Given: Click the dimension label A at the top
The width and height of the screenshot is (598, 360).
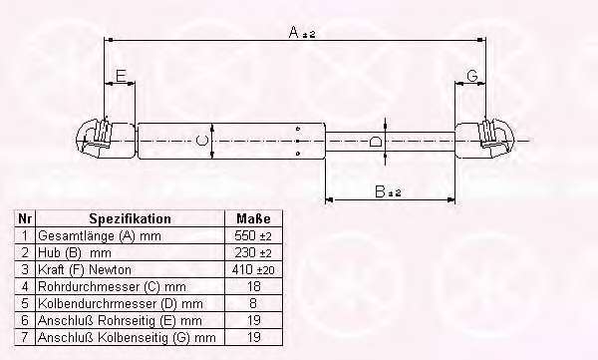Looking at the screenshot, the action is click(294, 32).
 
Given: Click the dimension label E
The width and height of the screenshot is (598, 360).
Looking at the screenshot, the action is click(121, 76).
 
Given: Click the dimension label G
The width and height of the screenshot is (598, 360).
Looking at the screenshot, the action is click(472, 75).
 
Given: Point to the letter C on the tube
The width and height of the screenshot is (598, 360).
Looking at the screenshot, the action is click(201, 140).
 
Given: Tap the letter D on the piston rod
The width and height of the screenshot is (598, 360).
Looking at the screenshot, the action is click(377, 142).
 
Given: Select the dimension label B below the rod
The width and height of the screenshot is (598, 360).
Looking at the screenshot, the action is click(380, 191).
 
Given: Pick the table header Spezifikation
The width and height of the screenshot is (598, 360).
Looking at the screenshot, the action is click(130, 218).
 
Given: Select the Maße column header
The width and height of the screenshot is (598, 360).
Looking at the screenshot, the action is click(253, 218).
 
